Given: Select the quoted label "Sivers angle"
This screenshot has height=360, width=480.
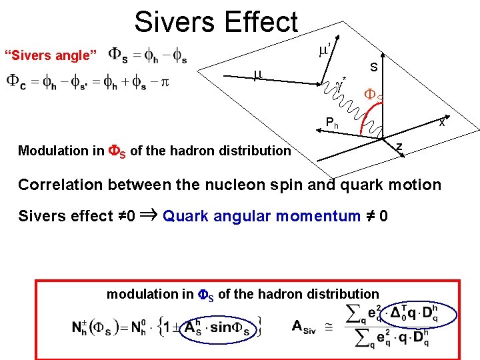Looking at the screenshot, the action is pos(51,55).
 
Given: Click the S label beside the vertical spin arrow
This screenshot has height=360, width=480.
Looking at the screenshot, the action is pos(374,67).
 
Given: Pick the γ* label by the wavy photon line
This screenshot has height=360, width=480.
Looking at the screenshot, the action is pos(341,85).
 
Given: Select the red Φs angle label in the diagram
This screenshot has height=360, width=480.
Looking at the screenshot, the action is pos(373,96).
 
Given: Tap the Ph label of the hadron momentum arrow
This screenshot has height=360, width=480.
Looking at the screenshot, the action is pos(332,123).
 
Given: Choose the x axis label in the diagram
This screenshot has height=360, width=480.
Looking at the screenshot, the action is pos(441,122).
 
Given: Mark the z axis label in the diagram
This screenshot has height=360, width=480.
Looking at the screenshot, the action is pos(398,147).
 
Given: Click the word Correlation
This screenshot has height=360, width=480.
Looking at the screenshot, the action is pos(60,185).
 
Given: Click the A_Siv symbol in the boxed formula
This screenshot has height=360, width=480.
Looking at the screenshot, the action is pos(307,325).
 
